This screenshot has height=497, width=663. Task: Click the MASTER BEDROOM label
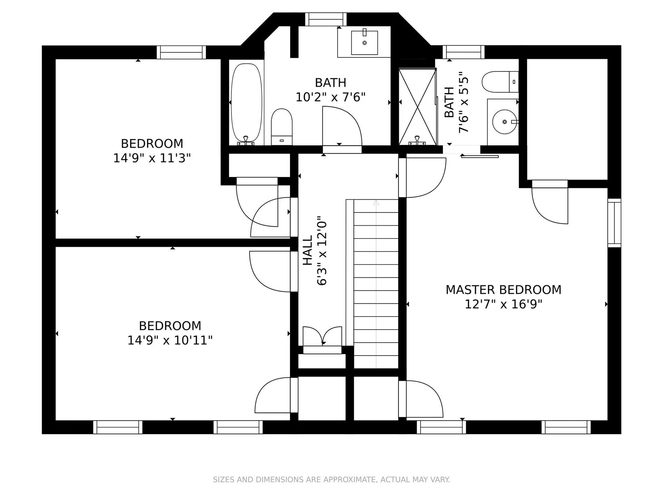point(503,290)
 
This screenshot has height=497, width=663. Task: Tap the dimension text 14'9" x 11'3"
point(152,158)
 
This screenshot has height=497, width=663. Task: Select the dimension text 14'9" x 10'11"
point(170,340)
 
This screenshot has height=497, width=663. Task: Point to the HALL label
point(307,250)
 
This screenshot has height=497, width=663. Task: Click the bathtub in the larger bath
point(246,104)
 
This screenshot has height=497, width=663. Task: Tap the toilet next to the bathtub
point(282,127)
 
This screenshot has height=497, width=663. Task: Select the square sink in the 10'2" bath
point(364,42)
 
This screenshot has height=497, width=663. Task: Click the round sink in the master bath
point(505,122)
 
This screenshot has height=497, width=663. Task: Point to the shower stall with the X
point(417,107)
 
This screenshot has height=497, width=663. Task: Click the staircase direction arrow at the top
point(376,203)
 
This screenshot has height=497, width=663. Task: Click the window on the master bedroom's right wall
point(614,223)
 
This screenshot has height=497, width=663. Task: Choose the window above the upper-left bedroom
point(181,52)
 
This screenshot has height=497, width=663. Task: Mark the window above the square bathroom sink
point(326,19)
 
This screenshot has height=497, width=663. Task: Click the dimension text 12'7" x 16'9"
point(503,304)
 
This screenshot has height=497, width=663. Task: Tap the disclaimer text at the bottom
point(331,479)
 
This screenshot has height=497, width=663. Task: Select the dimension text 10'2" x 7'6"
point(330,97)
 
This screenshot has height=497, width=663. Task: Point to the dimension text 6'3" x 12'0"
point(322,251)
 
